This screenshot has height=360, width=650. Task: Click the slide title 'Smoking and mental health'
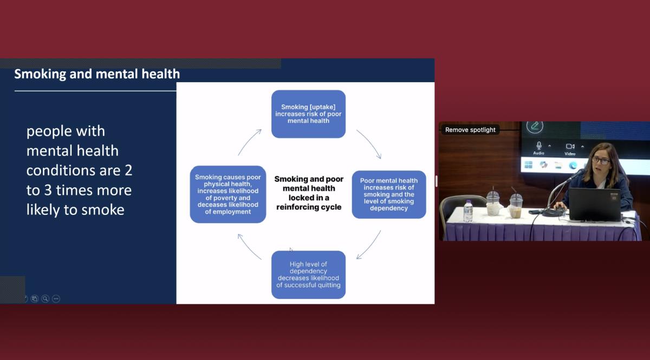click(97, 74)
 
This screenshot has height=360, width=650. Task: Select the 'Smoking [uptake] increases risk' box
click(308, 114)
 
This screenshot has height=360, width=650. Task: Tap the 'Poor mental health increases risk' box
click(389, 194)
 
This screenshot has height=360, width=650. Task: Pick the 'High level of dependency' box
click(308, 274)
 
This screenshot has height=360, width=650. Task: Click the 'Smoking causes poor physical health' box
click(228, 194)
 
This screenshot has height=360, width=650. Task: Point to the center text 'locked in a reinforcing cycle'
click(309, 202)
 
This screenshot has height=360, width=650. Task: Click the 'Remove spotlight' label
click(470, 130)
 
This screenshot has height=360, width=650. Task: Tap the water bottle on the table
click(468, 211)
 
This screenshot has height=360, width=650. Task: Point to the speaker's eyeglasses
click(601, 160)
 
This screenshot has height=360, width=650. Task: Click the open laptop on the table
click(595, 204)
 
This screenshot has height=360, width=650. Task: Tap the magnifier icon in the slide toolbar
click(45, 298)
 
